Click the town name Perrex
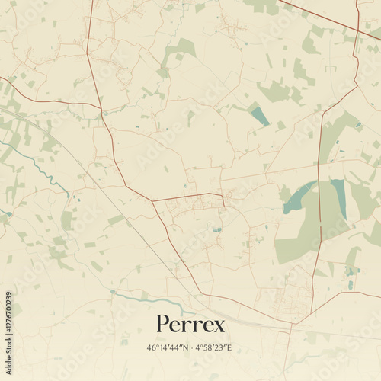190,325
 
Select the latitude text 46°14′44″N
167,348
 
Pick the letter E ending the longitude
230,348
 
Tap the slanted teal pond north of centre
260,115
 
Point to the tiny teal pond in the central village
217,229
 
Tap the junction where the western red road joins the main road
101,107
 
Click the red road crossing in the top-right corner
357,30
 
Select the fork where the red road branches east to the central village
152,201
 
